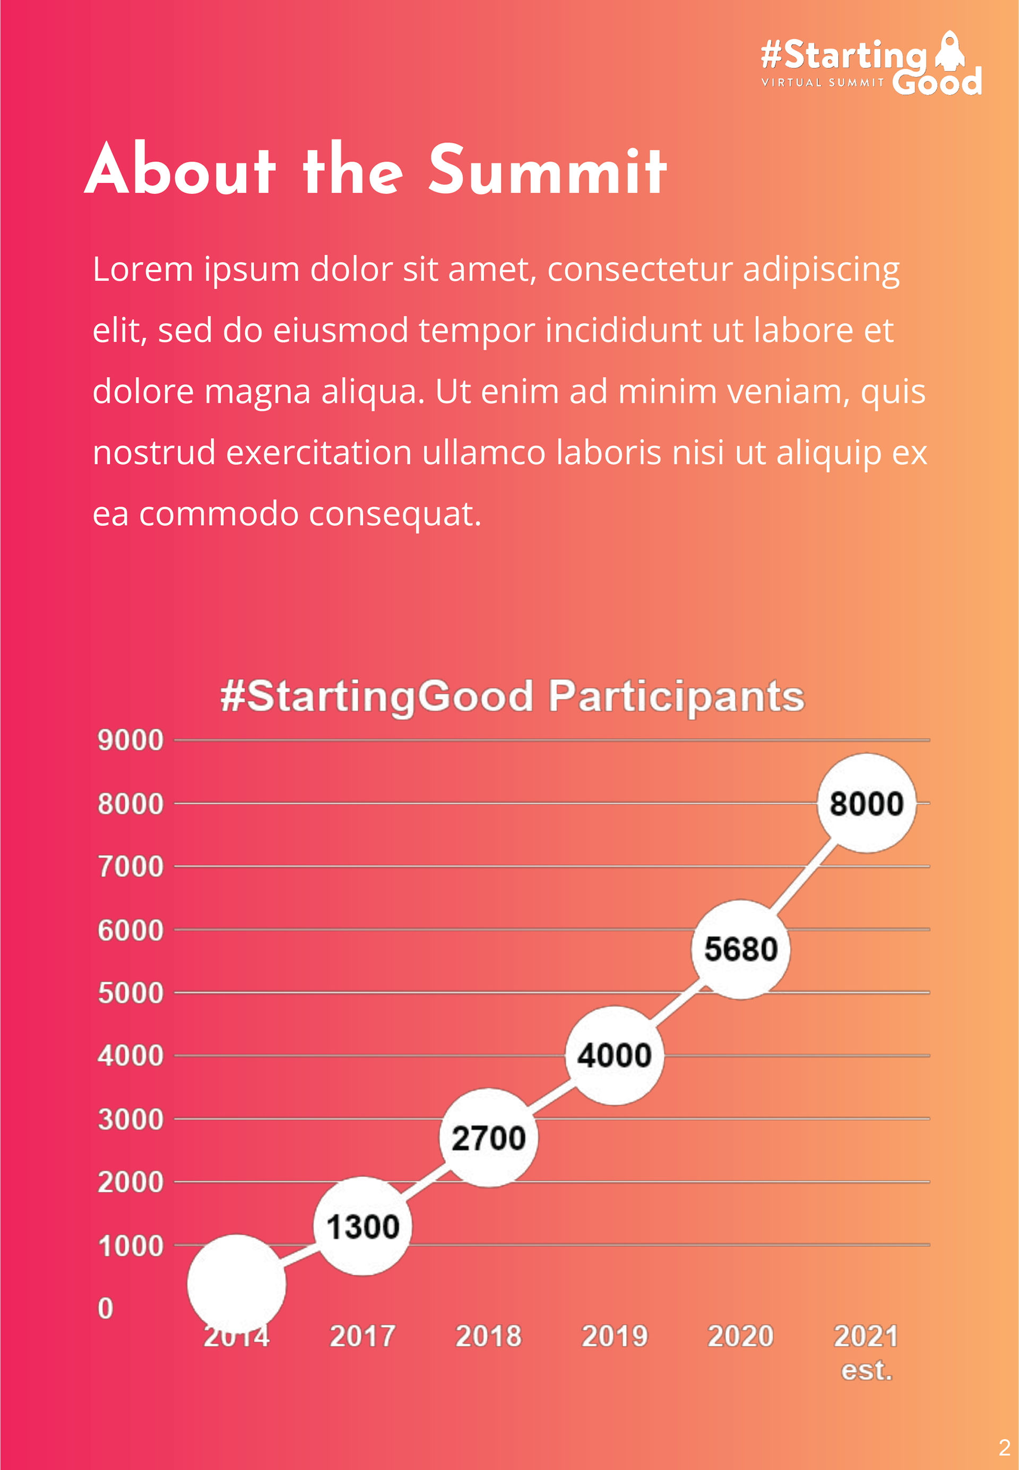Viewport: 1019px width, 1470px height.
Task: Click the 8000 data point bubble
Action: [x=866, y=803]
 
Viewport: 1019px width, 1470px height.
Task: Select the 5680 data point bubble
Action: [x=740, y=949]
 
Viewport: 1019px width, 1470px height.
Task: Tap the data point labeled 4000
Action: [x=614, y=1055]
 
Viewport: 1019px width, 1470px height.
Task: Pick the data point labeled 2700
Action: [x=488, y=1137]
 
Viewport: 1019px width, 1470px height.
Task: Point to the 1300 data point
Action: [x=362, y=1226]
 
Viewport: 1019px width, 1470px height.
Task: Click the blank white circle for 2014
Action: [x=236, y=1284]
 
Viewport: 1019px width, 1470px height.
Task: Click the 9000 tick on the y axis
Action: [x=130, y=740]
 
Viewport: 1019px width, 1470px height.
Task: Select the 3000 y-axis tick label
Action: [x=130, y=1120]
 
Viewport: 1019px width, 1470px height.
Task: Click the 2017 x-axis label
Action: [x=362, y=1336]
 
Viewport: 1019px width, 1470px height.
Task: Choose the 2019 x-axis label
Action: [x=614, y=1336]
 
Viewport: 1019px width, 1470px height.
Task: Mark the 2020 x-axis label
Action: [x=740, y=1336]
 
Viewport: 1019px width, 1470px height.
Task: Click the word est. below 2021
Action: [x=866, y=1370]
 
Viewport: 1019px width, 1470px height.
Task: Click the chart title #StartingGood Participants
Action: [x=512, y=695]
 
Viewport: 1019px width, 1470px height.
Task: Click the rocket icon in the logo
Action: [x=950, y=51]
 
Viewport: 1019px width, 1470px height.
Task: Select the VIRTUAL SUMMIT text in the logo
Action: [x=822, y=82]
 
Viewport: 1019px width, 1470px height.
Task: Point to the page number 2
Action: [x=1004, y=1447]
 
